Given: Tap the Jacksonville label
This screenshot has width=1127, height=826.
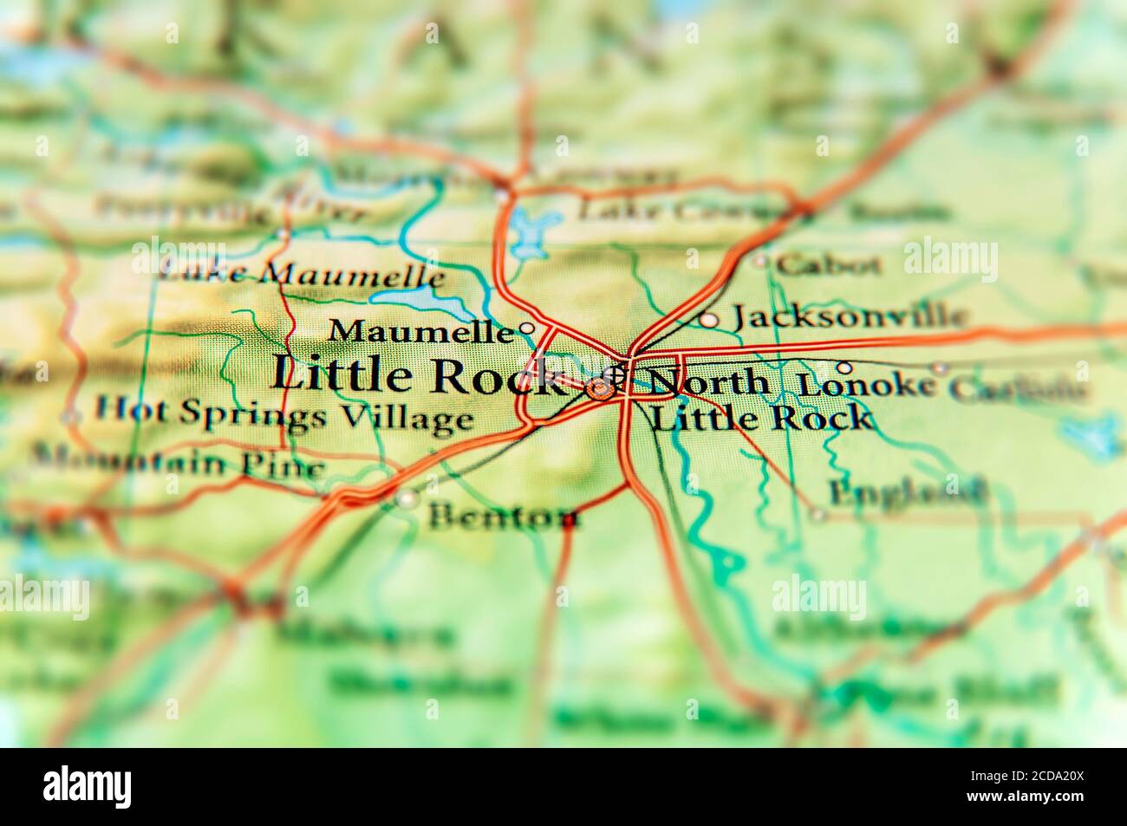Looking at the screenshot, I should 848,316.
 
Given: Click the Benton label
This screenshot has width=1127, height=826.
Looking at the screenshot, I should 504,517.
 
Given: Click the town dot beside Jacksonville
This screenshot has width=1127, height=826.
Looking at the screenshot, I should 708,320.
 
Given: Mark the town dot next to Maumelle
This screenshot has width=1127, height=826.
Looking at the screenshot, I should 525,328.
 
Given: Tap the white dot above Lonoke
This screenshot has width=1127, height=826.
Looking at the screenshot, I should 843,367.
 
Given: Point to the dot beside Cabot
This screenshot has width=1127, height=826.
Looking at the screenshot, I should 760,260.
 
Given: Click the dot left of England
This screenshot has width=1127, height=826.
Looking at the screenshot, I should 817,515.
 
